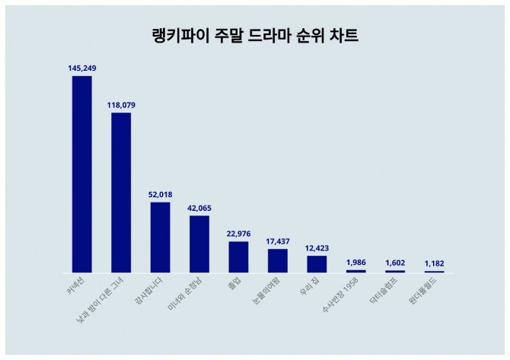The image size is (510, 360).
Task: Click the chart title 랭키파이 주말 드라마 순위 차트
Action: (x=255, y=36)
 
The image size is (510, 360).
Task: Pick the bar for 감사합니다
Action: (x=160, y=237)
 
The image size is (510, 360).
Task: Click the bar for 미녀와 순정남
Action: (x=199, y=244)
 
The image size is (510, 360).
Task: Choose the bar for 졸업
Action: (x=238, y=256)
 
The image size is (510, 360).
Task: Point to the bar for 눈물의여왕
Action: (x=278, y=260)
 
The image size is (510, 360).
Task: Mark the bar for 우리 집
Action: (x=317, y=264)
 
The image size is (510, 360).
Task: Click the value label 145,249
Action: (x=82, y=68)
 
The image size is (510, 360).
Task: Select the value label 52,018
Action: (x=160, y=195)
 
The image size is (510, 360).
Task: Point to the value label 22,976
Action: (x=238, y=234)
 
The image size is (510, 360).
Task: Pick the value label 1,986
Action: (x=355, y=263)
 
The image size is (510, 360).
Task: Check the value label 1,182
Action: (x=434, y=263)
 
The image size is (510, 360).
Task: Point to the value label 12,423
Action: (x=317, y=248)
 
